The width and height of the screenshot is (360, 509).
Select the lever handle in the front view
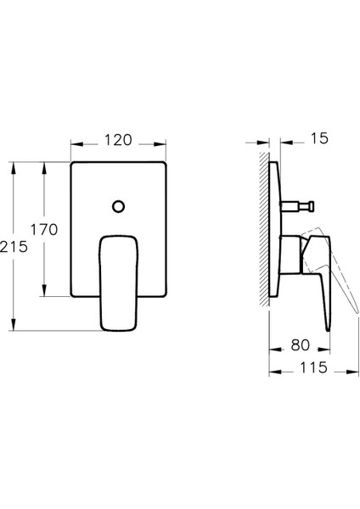119,282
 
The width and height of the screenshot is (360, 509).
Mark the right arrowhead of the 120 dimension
163,145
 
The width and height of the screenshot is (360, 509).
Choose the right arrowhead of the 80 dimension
325,346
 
